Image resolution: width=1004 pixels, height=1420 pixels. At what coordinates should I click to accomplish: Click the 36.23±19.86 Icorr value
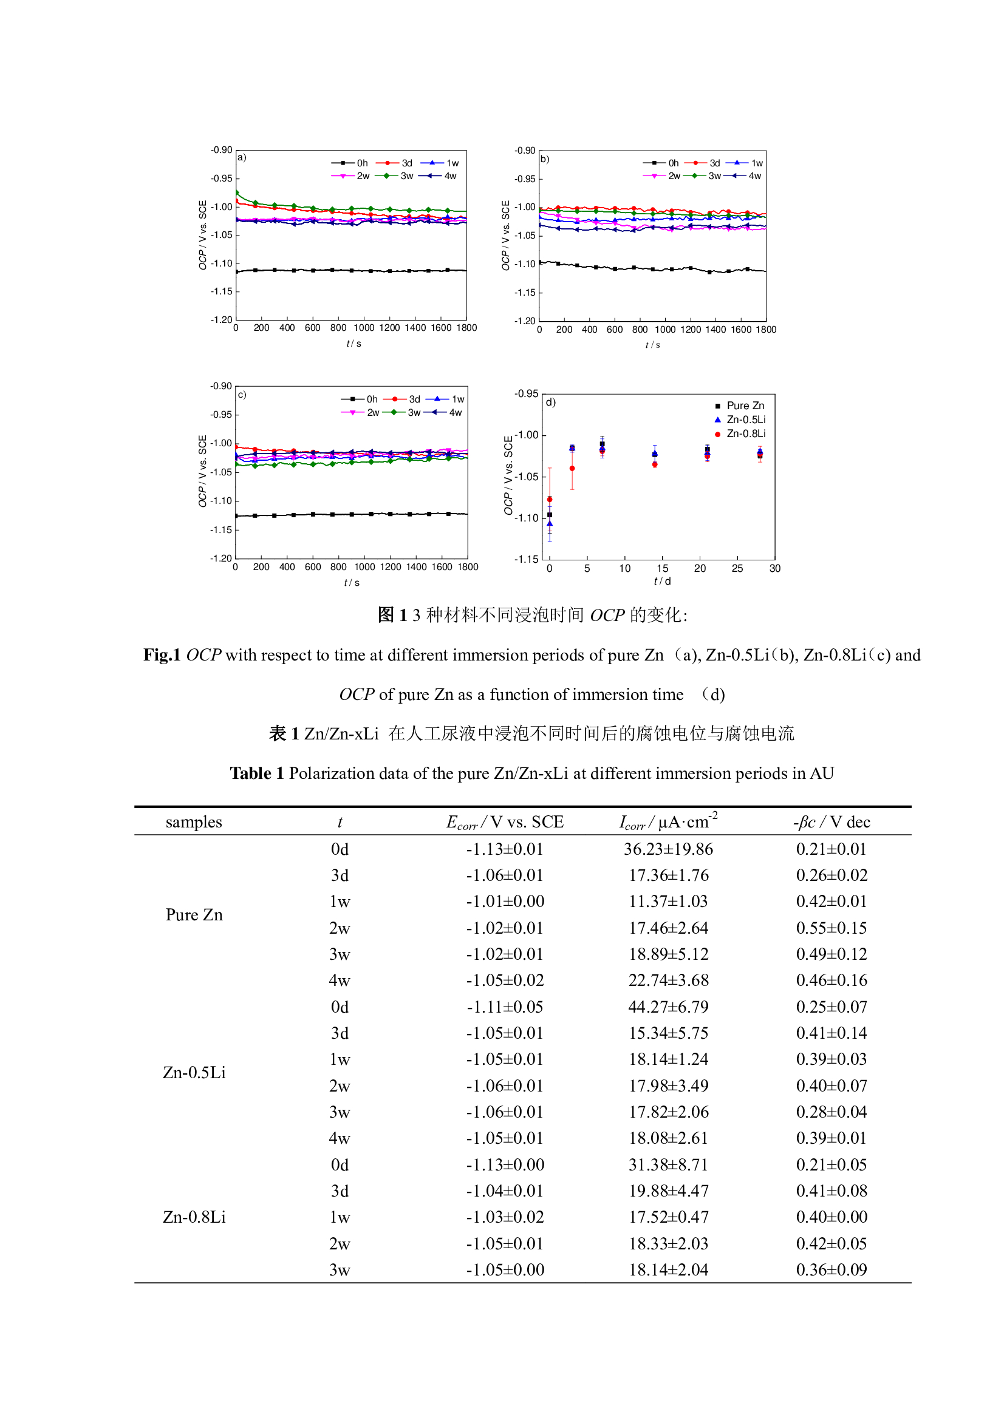[x=668, y=849]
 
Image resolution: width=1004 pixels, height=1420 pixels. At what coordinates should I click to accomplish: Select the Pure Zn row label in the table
[x=194, y=914]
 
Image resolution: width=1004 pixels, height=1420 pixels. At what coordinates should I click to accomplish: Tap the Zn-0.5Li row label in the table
[x=194, y=1072]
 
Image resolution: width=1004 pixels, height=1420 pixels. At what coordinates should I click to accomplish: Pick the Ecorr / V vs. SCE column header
[x=504, y=822]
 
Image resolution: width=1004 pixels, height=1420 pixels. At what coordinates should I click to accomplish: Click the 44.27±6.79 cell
[x=668, y=1006]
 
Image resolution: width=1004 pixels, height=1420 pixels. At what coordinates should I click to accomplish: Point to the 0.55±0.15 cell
[x=831, y=928]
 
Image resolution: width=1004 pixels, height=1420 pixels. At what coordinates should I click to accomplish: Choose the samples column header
[x=194, y=822]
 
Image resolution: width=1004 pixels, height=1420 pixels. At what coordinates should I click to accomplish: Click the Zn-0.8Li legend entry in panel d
[x=745, y=433]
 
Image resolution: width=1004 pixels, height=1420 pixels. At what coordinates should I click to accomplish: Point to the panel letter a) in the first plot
[x=242, y=157]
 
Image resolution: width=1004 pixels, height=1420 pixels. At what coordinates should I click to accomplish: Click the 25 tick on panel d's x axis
[x=737, y=568]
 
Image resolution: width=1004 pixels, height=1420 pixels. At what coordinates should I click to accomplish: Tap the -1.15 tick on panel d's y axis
[x=526, y=559]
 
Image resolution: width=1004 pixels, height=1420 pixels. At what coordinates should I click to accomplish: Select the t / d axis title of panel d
[x=662, y=582]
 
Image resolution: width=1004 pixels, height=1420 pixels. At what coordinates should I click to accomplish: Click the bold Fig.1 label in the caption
[x=162, y=655]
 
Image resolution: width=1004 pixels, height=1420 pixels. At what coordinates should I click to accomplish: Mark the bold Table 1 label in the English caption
[x=257, y=773]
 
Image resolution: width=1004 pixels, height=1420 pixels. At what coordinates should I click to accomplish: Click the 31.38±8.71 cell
[x=668, y=1164]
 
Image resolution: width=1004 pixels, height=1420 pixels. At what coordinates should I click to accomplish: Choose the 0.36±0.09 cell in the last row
[x=831, y=1269]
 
